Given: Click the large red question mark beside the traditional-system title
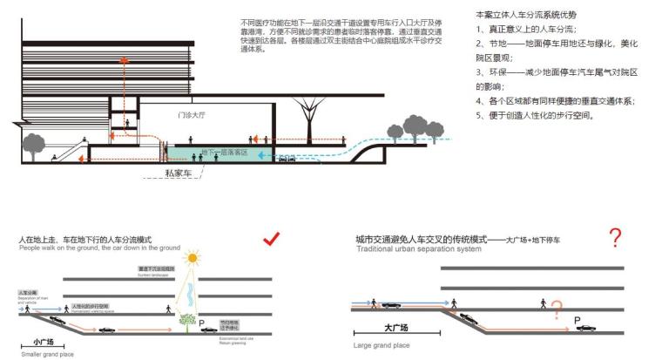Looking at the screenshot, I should click(x=616, y=237).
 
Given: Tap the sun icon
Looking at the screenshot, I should click(x=191, y=258).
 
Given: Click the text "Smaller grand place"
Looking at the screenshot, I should click(x=47, y=355).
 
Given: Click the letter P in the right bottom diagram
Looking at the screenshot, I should click(x=576, y=320).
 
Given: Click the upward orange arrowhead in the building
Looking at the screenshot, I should click(x=125, y=60).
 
